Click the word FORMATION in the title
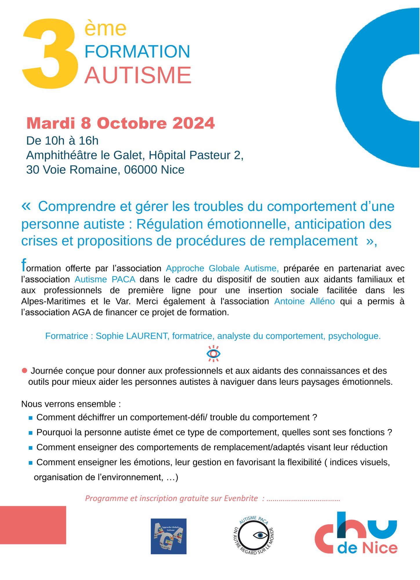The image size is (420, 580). tap(137, 52)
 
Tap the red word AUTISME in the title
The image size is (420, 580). tap(138, 75)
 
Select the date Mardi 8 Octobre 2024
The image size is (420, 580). tap(120, 123)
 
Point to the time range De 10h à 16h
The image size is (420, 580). tap(62, 141)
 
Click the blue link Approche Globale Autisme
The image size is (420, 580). tap(222, 269)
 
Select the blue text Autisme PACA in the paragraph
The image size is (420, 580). tap(105, 280)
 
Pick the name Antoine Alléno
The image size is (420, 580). tap(304, 302)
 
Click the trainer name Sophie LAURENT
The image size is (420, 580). tap(132, 336)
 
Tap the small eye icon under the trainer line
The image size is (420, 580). tap(213, 354)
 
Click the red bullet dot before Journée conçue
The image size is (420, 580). tap(24, 371)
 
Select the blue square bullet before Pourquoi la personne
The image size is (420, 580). tap(30, 433)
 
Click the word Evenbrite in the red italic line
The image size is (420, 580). tap(240, 499)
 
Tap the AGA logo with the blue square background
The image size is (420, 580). tap(169, 536)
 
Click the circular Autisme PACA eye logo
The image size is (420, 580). tap(254, 535)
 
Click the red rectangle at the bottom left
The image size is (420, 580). tap(33, 525)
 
